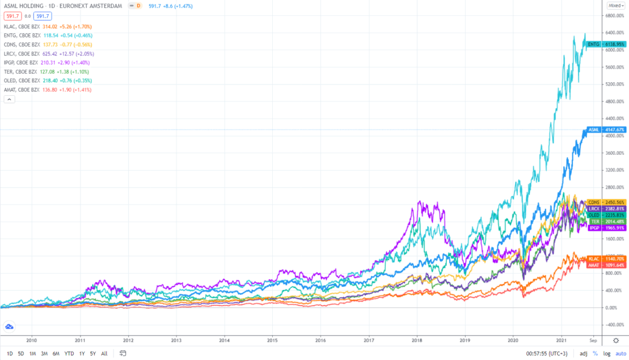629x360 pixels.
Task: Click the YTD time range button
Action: pos(68,353)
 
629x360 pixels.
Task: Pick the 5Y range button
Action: pos(93,353)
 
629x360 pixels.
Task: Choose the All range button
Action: pos(104,353)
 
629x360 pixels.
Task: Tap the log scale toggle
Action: pos(607,353)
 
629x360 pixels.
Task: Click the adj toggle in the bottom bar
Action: pos(584,353)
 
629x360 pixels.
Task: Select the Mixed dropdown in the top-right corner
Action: pos(614,5)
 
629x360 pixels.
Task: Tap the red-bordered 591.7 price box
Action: pos(12,15)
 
